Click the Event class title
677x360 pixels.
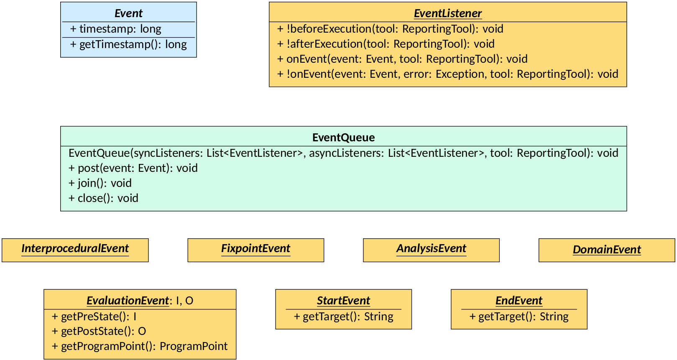pos(128,13)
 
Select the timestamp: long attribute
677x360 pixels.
pos(116,29)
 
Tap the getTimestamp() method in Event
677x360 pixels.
pos(128,44)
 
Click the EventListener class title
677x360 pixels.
pos(447,13)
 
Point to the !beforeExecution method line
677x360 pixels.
pos(390,29)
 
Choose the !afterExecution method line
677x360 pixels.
pos(386,44)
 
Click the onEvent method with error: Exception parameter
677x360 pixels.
pos(447,74)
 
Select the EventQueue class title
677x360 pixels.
pos(343,138)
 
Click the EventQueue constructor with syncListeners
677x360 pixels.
pos(343,153)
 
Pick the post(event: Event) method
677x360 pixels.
pos(133,168)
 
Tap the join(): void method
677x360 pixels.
pos(100,183)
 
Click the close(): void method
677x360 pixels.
pos(103,198)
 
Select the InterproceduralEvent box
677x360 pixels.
pos(75,249)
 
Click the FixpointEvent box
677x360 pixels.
pos(255,249)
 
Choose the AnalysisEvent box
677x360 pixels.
pos(431,249)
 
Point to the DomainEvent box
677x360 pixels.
pos(606,250)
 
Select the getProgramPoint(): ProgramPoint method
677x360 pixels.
pos(140,346)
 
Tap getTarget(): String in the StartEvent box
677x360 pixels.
pos(343,317)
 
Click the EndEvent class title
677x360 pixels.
pos(519,301)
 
